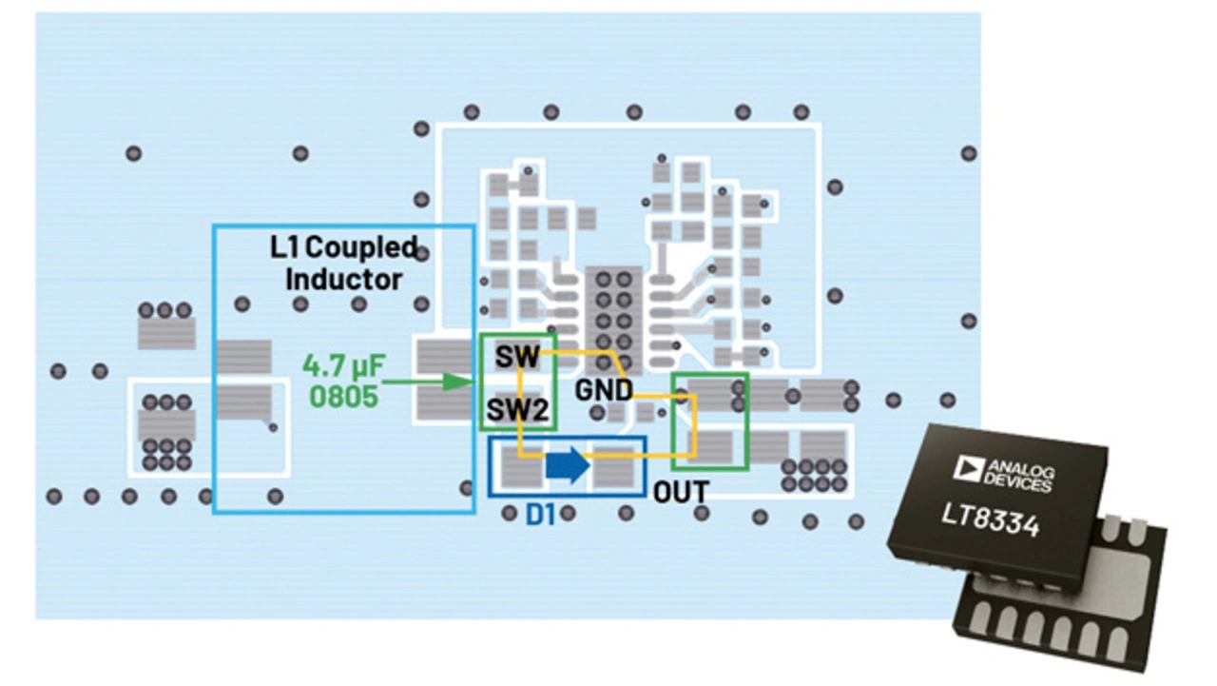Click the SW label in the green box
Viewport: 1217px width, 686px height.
click(x=517, y=358)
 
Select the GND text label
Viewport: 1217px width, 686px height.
click(x=604, y=390)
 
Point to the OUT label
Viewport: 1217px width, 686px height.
click(x=681, y=492)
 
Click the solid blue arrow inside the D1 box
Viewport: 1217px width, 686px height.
click(x=569, y=466)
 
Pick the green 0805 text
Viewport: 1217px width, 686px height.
click(x=341, y=395)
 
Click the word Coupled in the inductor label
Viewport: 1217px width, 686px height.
click(x=362, y=248)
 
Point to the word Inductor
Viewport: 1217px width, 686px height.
click(x=343, y=280)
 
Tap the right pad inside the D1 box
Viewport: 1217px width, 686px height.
click(x=612, y=467)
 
